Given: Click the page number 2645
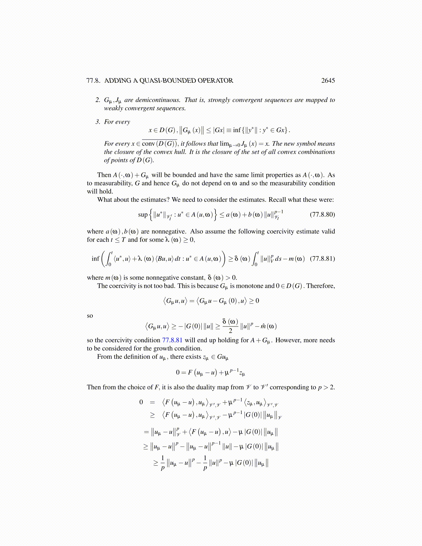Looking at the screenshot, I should coord(328,81).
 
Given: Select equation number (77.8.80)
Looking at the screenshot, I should coord(322,214).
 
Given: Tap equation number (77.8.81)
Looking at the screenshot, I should coord(322,259).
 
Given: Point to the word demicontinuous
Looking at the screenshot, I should coord(158,100).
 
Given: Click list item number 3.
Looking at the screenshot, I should coord(98,122).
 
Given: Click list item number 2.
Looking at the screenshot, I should coord(98,100).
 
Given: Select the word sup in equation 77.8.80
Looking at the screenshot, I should coord(143,215).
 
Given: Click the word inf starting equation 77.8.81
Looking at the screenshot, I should coord(95,259).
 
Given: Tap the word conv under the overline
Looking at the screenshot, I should coord(148,144).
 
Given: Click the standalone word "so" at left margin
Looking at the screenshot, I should coord(90,316).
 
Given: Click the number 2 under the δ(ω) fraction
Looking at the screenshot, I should coord(230,331).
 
